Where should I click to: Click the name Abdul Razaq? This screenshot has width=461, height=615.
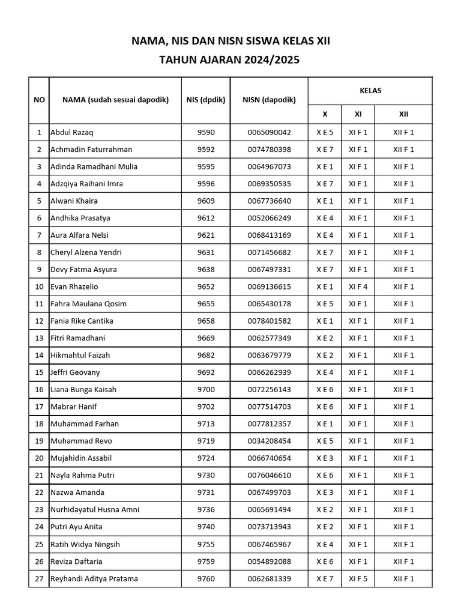point(72,132)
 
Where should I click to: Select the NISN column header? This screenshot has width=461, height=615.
point(269,100)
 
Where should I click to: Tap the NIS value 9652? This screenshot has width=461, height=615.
point(205,286)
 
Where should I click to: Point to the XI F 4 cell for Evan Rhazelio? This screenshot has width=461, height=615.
point(358,286)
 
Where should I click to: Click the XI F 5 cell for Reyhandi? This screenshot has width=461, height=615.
point(358,578)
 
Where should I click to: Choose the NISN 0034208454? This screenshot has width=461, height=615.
point(269,441)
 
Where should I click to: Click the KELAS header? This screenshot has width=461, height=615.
point(370,91)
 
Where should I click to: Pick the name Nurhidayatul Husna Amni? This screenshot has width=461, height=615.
point(95,510)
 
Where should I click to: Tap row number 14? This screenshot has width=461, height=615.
point(39,355)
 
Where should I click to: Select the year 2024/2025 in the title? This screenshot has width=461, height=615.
point(271,60)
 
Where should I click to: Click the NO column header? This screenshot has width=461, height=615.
point(39,100)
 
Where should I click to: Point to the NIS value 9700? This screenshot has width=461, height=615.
point(205,389)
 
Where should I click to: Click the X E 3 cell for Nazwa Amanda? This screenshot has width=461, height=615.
point(325,492)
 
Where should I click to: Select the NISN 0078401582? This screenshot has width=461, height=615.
point(269,321)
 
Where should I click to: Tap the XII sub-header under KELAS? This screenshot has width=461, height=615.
point(403,114)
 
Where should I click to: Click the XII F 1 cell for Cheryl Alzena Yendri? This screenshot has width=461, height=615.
point(403,252)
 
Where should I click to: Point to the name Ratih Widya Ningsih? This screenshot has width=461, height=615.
point(85,544)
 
